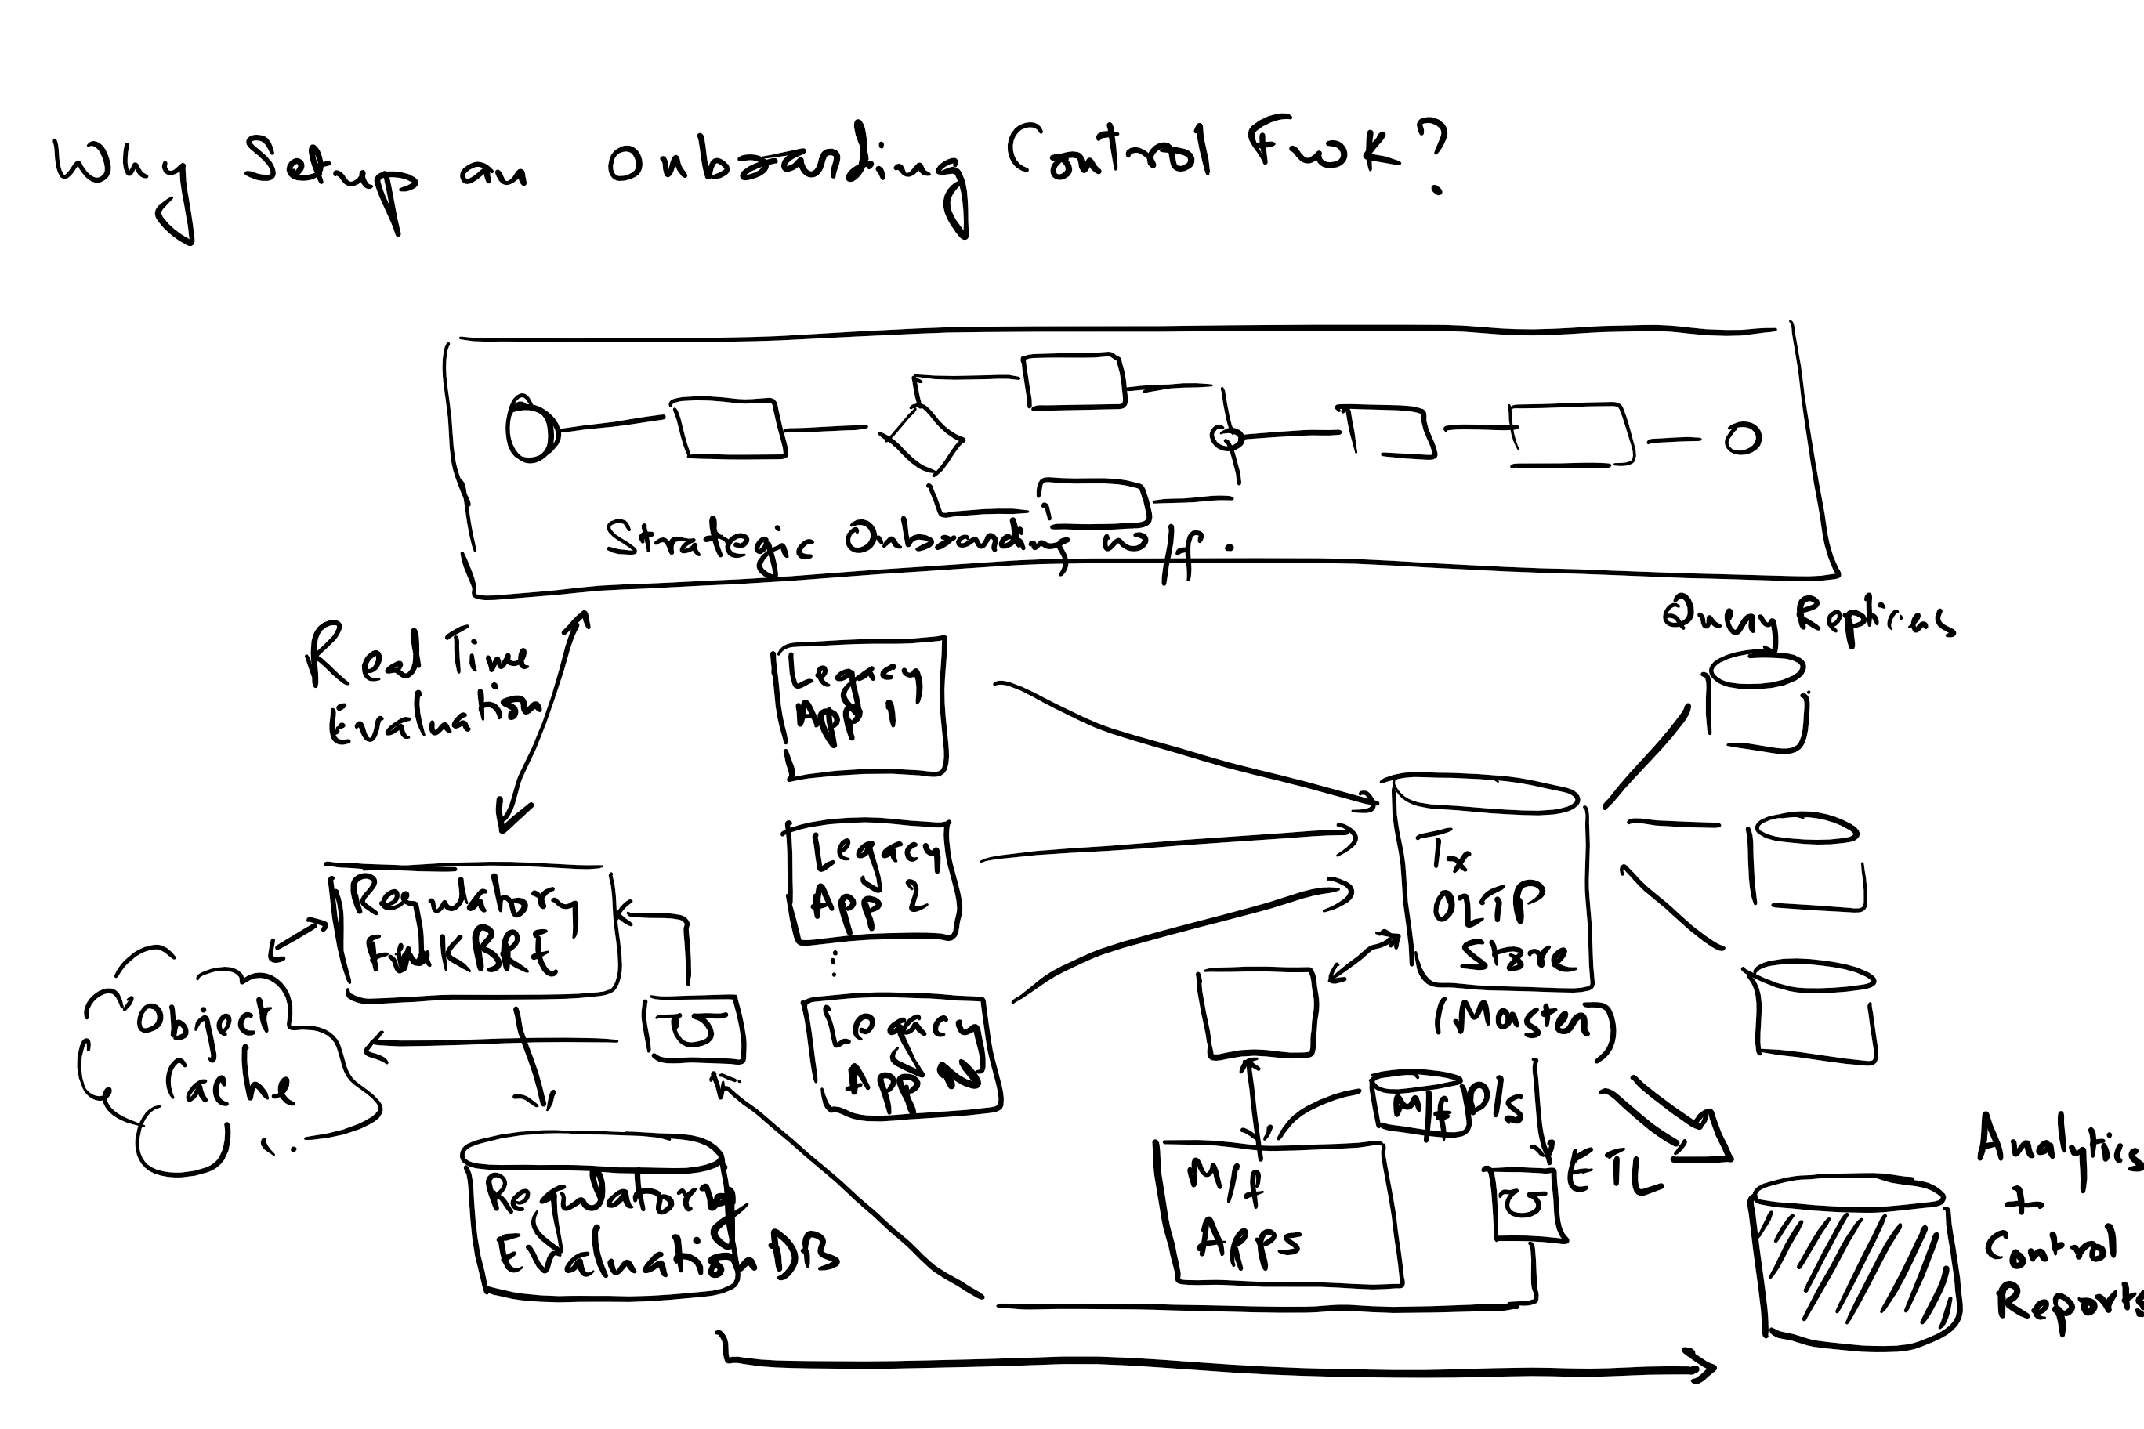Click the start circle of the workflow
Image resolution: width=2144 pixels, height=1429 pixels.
531,429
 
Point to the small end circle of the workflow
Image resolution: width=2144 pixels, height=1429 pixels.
1742,440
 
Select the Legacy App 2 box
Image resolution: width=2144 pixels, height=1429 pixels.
871,881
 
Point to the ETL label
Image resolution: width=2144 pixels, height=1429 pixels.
1613,1176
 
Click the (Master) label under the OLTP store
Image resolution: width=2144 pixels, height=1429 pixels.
1523,1021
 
